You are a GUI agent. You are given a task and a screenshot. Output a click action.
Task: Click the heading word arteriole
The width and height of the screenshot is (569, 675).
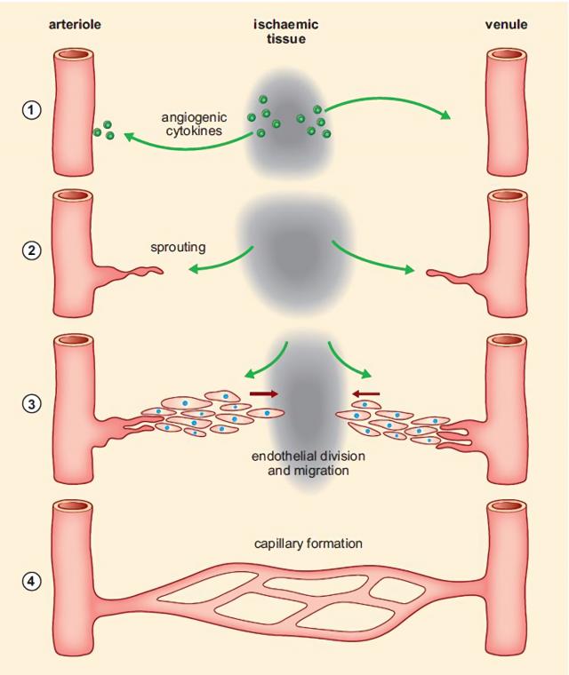[74, 24]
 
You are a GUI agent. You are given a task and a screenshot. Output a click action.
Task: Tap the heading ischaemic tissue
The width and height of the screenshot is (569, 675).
[286, 31]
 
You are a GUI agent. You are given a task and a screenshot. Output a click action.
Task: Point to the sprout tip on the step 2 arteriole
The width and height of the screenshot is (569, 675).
[160, 270]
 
